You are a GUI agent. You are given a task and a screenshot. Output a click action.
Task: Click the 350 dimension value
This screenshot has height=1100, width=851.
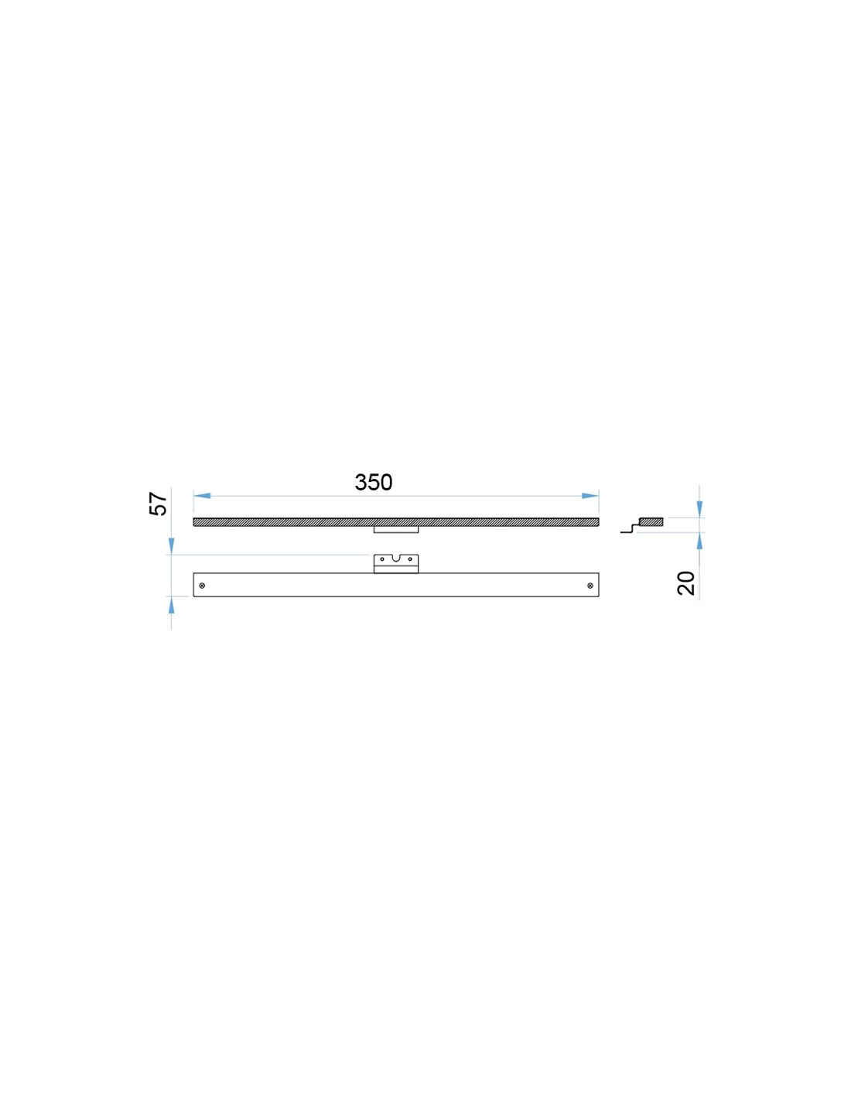pyautogui.click(x=373, y=483)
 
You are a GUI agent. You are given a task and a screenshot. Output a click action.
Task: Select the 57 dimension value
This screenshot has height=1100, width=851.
pyautogui.click(x=159, y=504)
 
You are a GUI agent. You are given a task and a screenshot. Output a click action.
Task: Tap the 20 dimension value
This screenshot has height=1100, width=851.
pyautogui.click(x=686, y=583)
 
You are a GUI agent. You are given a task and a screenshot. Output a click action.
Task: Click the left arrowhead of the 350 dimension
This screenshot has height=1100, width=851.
pyautogui.click(x=201, y=496)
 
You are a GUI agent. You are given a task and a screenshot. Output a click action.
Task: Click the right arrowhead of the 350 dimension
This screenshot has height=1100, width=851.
pyautogui.click(x=590, y=496)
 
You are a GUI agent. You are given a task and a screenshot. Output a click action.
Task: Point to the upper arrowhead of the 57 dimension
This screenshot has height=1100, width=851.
pyautogui.click(x=171, y=546)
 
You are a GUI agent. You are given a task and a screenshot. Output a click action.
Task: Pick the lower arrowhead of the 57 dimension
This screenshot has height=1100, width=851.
pyautogui.click(x=171, y=605)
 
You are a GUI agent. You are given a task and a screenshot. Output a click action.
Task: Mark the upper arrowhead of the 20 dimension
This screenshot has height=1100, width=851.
pyautogui.click(x=699, y=509)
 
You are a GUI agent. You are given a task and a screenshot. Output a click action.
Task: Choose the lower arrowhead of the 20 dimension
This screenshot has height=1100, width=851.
pyautogui.click(x=699, y=541)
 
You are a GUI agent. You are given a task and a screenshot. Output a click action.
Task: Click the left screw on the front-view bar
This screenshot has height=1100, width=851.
pyautogui.click(x=202, y=586)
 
